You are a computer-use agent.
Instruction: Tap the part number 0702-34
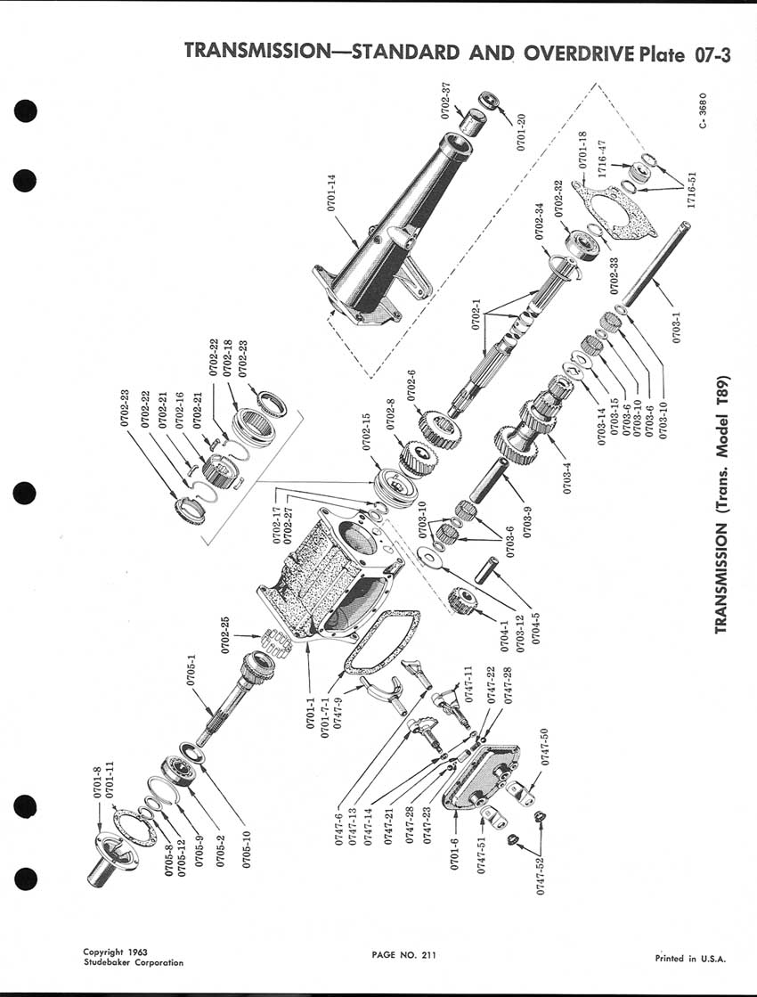(540, 227)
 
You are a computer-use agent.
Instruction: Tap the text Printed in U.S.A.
(689, 959)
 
